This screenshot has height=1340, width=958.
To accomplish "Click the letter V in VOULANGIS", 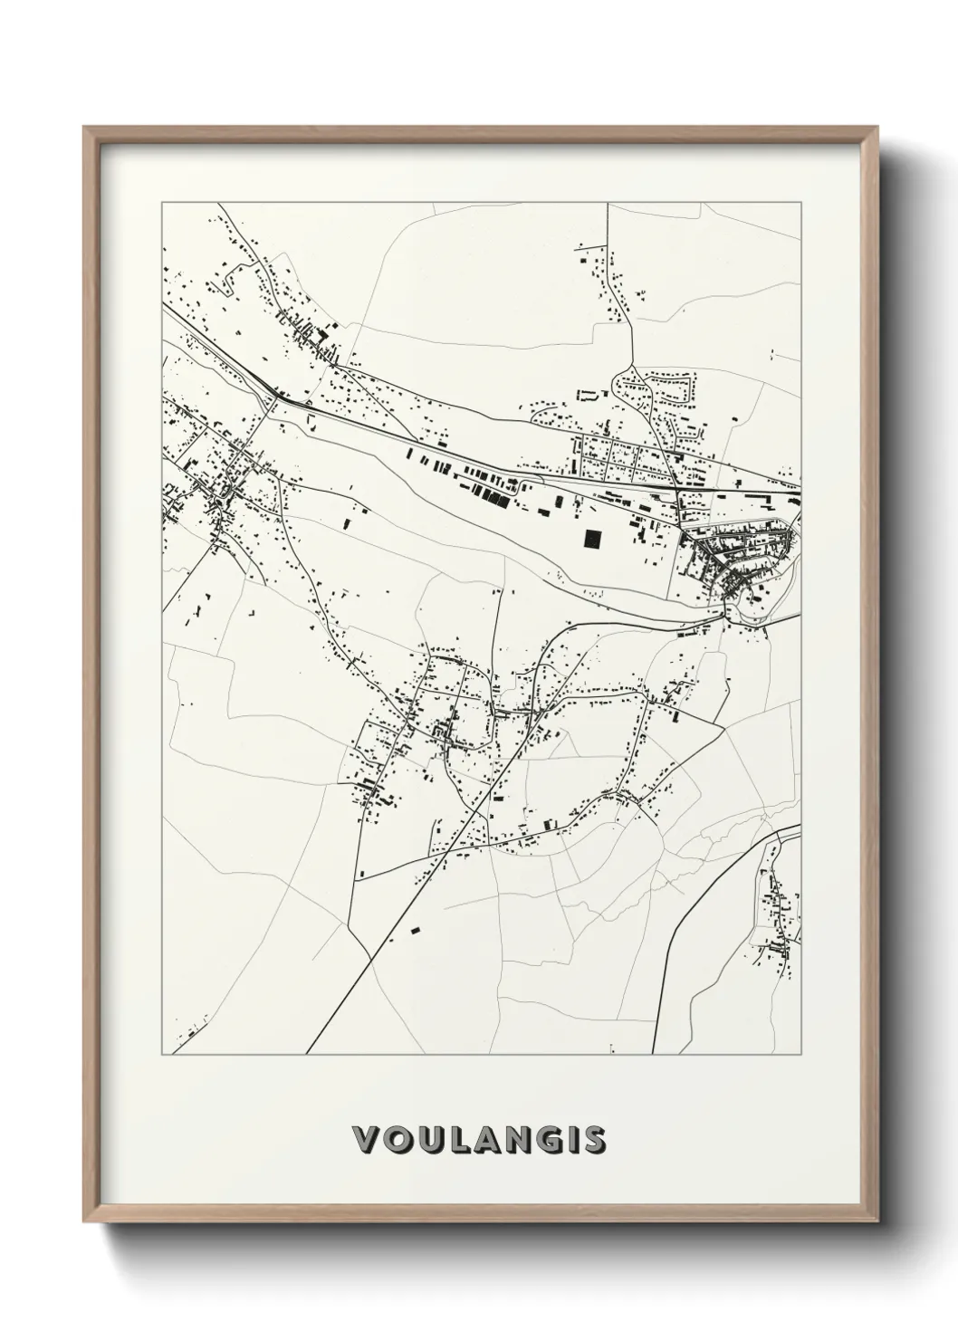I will point(365,1139).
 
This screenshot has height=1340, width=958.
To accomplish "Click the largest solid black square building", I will point(593,540).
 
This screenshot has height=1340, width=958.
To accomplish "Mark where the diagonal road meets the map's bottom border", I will point(307,1054).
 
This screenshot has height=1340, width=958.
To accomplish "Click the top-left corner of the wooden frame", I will point(84,128).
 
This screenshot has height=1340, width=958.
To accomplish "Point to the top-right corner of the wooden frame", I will point(876,128).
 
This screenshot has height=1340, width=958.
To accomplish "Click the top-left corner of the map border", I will point(162,203).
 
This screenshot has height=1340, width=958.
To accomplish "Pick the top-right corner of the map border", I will point(801,203).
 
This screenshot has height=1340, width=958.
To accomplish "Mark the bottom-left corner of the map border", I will point(162,1054).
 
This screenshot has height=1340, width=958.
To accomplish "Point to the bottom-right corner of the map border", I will point(801,1054).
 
